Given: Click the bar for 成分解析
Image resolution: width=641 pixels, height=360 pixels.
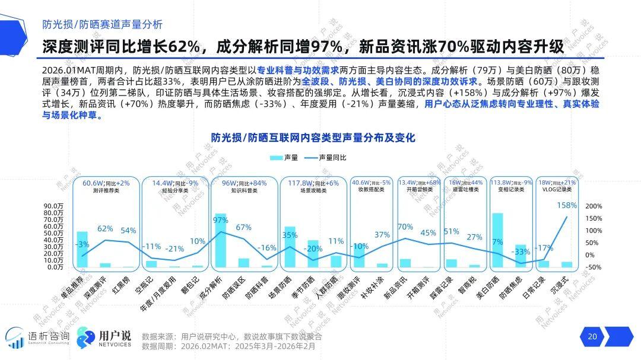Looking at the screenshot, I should (x=220, y=240).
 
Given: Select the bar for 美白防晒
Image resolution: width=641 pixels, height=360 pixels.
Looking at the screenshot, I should (x=497, y=240).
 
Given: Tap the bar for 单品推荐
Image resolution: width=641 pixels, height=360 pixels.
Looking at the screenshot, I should (x=82, y=249).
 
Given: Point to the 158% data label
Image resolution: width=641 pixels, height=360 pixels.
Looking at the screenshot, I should (x=567, y=205).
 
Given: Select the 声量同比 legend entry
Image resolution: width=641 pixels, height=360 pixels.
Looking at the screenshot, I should (x=325, y=158).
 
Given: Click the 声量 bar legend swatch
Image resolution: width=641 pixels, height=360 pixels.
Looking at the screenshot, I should (x=276, y=158).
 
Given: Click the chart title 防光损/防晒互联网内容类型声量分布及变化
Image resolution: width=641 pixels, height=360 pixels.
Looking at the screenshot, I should (x=313, y=137).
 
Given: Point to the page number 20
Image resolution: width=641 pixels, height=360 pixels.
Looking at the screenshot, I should (x=592, y=337).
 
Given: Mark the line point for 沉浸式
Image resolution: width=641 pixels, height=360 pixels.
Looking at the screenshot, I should (x=567, y=217).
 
